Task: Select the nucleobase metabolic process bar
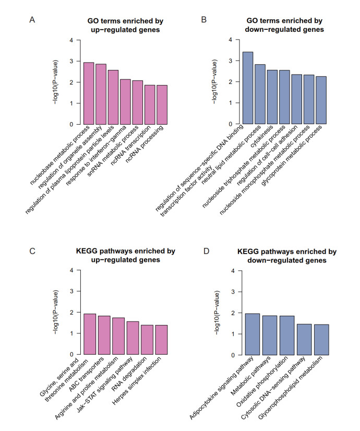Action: [89, 94]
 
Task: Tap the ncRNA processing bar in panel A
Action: [162, 105]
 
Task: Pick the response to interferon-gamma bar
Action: [125, 102]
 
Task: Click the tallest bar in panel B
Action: [248, 88]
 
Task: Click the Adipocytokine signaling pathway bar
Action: [252, 334]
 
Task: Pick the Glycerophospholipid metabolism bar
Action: [320, 340]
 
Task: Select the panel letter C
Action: [32, 251]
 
